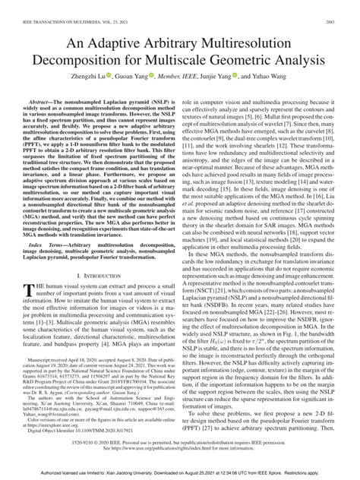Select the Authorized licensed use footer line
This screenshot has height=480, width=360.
[x=180, y=474]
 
